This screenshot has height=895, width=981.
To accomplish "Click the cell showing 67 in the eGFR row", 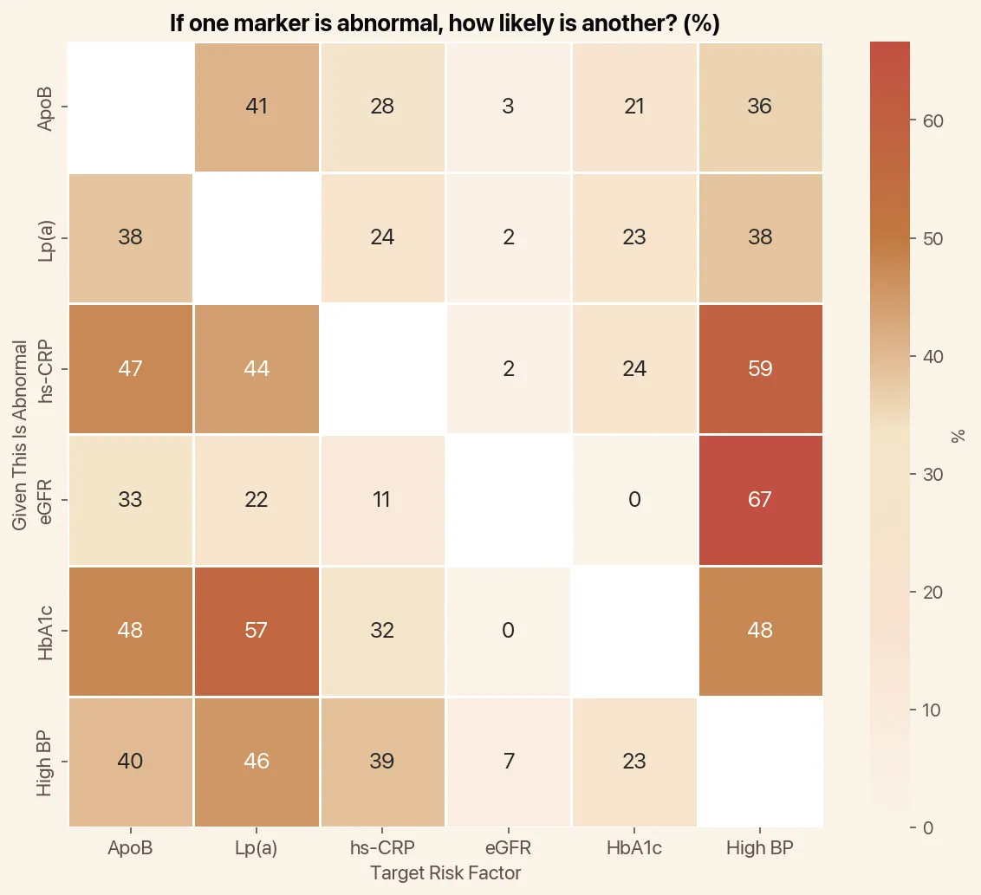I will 760,500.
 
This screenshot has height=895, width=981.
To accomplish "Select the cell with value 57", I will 257,630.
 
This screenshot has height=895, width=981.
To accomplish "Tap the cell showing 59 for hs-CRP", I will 760,369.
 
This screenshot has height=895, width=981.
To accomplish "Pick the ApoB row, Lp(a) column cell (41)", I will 257,107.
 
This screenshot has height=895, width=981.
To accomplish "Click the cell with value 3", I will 509,107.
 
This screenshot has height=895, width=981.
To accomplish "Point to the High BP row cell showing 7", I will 509,761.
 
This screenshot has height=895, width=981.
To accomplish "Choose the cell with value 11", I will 382,500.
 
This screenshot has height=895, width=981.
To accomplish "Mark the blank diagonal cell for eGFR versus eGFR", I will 509,500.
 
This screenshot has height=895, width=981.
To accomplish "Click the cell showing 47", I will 131,369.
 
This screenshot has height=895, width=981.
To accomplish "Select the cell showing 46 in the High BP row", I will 257,761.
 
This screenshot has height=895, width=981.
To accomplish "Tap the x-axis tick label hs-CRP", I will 382,849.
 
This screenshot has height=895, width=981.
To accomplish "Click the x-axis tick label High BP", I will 760,849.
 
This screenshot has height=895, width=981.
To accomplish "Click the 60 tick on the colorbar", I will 932,121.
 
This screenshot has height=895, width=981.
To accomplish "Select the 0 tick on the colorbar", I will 927,827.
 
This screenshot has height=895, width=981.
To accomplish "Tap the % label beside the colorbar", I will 958,435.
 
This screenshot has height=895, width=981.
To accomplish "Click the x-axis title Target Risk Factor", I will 445,873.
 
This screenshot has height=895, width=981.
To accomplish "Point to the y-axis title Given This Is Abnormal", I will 20,435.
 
